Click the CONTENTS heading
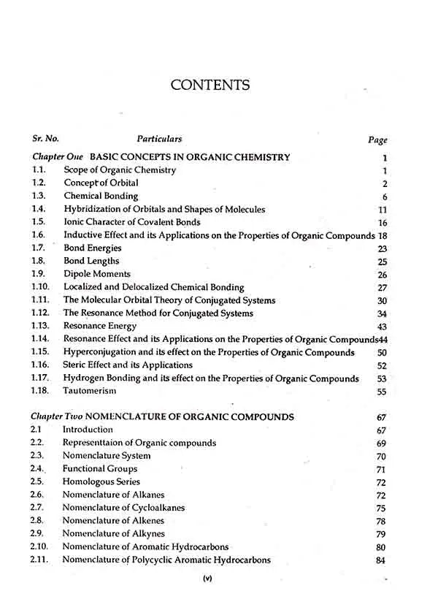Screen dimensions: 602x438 click(x=210, y=85)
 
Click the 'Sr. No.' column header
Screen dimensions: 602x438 click(x=45, y=138)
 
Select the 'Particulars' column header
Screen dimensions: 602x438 click(x=159, y=138)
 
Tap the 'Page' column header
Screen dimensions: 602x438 click(x=377, y=140)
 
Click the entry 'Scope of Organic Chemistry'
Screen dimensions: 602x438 click(x=120, y=170)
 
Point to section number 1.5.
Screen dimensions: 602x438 click(x=39, y=222)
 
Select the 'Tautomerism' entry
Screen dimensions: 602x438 click(x=91, y=392)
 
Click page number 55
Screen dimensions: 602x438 click(x=381, y=392)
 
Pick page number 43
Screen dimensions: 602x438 click(x=382, y=327)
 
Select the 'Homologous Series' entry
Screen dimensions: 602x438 click(x=101, y=482)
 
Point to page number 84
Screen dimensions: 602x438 click(x=380, y=561)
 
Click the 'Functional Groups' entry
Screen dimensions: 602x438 click(x=100, y=469)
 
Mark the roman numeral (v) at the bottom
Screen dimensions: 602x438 click(x=207, y=580)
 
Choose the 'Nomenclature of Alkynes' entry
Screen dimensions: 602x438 click(x=113, y=534)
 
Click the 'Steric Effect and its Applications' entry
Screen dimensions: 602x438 click(x=128, y=365)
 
